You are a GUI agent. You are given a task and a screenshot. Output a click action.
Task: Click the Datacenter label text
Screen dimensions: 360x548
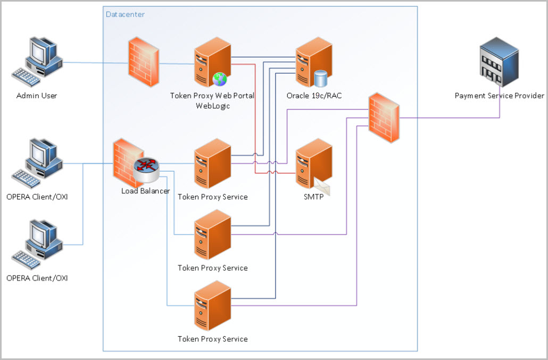[x=125, y=14]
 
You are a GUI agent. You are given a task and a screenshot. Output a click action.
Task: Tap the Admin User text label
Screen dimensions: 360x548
[x=37, y=96]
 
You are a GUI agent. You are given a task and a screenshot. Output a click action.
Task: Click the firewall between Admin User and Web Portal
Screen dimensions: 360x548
[x=144, y=63]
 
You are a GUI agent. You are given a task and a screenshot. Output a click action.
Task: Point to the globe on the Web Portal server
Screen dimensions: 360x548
[x=220, y=79]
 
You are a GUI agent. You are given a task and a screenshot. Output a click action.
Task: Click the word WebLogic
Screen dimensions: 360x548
[x=212, y=106]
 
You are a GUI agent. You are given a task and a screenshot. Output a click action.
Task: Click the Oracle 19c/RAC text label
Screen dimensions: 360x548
[x=313, y=96]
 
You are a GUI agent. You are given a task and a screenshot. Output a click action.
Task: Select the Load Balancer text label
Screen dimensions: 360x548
[x=145, y=191]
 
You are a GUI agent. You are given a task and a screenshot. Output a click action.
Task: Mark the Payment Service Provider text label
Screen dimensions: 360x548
[x=499, y=96]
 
